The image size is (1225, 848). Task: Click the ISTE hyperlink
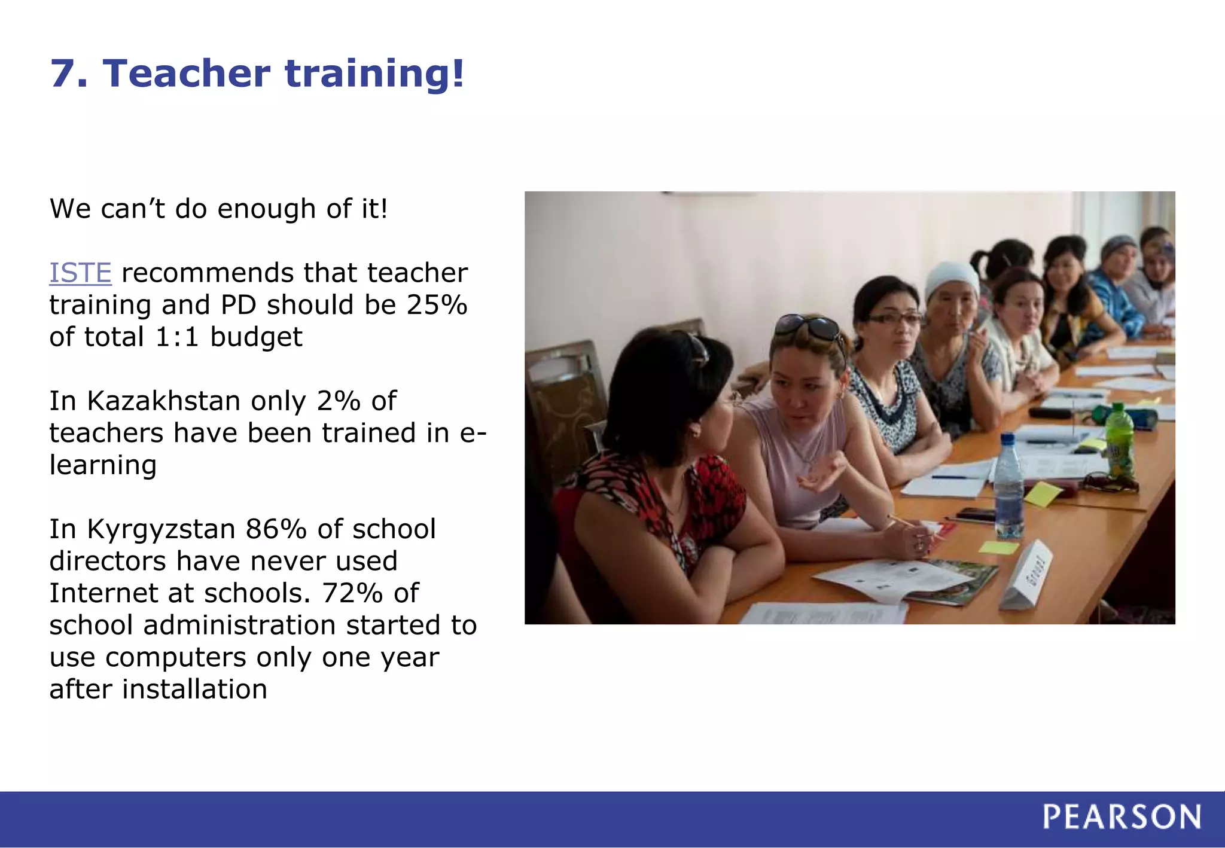pos(80,273)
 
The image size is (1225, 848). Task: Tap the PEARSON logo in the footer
pos(1122,817)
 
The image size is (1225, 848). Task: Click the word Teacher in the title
pos(187,74)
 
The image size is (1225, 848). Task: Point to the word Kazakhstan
pos(163,401)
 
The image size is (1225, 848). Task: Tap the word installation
pos(194,689)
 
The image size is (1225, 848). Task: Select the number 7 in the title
pos(62,74)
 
